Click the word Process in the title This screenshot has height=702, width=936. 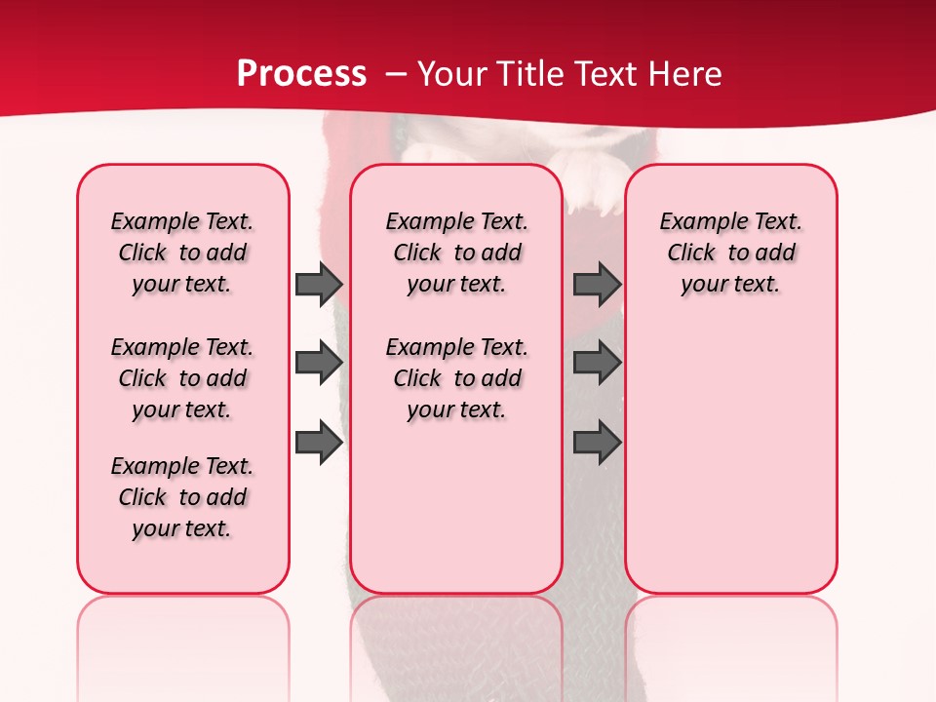(x=301, y=74)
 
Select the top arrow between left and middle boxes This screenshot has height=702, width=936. (x=319, y=285)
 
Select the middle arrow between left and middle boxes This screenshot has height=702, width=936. (x=319, y=363)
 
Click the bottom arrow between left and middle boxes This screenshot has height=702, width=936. (x=319, y=443)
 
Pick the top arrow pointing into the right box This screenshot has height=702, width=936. (x=597, y=285)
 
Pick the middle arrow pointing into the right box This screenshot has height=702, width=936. (x=597, y=363)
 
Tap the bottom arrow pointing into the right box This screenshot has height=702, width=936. (x=597, y=443)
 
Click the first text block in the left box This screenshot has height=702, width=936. (x=182, y=253)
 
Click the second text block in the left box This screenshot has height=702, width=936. (x=182, y=378)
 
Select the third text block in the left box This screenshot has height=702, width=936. (x=182, y=497)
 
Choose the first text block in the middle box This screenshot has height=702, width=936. (x=456, y=253)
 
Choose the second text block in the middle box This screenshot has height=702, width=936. (x=456, y=378)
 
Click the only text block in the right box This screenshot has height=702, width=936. (x=730, y=253)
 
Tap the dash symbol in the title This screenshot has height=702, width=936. (x=396, y=74)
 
